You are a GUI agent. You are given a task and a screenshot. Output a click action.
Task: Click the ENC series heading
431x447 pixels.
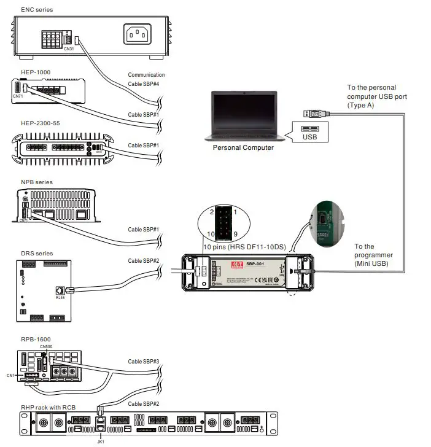tap(37, 10)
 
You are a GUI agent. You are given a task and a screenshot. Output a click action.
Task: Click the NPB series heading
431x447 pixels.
tap(37, 182)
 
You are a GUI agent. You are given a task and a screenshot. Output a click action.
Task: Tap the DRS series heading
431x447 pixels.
tap(37, 253)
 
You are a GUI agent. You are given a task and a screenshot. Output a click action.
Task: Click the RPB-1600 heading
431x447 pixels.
tap(35, 339)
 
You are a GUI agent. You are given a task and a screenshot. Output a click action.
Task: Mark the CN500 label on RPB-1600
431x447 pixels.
tap(47, 347)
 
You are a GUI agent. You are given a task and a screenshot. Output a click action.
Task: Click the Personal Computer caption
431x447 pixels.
tap(243, 147)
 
